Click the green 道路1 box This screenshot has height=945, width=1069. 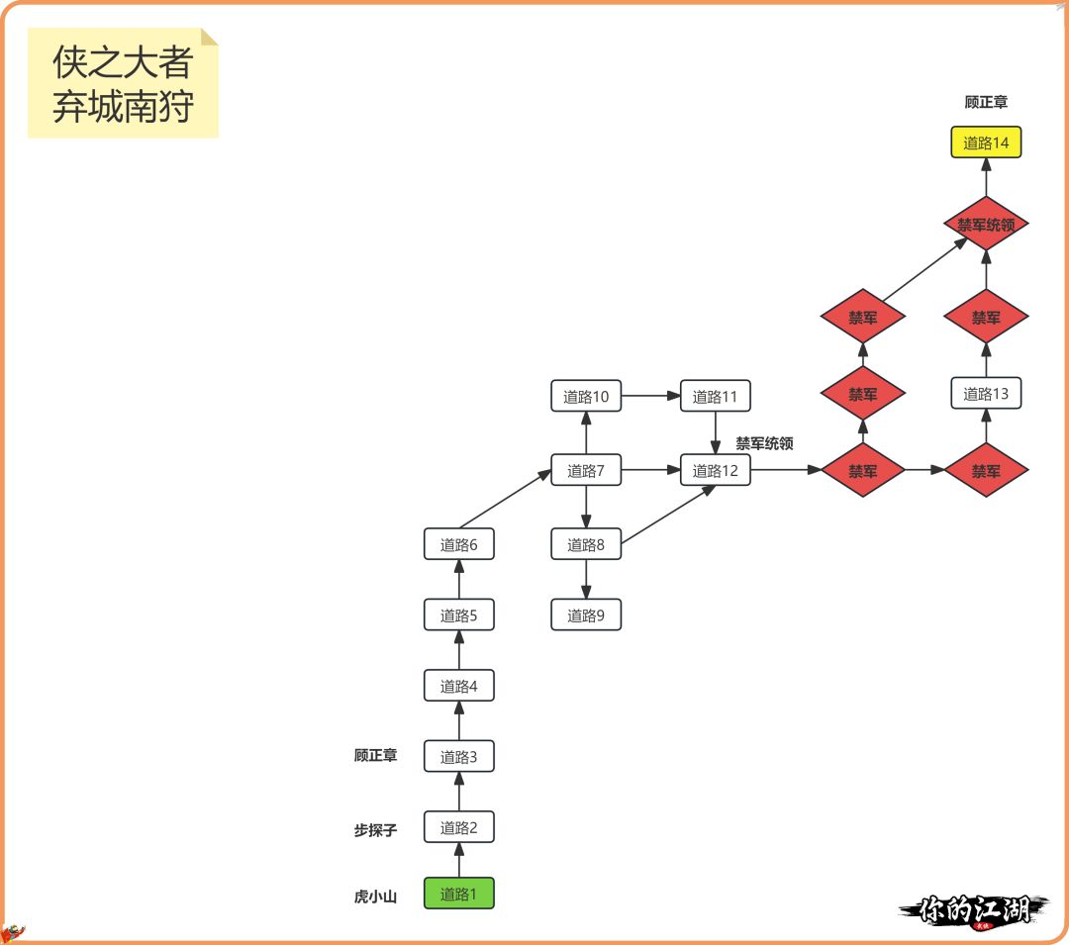[x=458, y=894]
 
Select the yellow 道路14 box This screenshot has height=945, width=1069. [x=986, y=142]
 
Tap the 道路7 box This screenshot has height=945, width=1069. [x=586, y=471]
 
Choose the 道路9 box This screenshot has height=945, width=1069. [x=586, y=615]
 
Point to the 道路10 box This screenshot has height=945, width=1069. [x=586, y=397]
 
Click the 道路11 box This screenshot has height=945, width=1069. [x=715, y=397]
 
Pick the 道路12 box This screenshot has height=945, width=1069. [x=715, y=471]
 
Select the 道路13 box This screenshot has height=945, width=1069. [x=986, y=394]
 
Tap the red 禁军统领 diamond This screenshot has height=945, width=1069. [x=986, y=225]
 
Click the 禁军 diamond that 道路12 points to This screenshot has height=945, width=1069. [x=862, y=471]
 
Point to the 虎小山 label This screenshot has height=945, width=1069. [x=375, y=897]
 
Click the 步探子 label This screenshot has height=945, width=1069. [x=375, y=830]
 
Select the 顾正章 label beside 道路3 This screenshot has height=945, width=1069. [x=375, y=755]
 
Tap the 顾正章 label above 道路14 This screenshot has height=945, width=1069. [x=986, y=102]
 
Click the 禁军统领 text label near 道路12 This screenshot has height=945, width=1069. [x=764, y=444]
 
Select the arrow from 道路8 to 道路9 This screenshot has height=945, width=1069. [x=586, y=580]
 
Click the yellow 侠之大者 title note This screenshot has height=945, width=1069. [x=123, y=83]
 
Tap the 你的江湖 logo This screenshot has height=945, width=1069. [x=974, y=909]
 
